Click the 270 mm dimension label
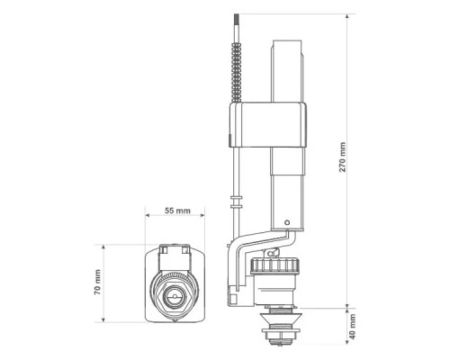click(x=342, y=157)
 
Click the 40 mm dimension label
click(x=353, y=327)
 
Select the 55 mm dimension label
click(x=177, y=211)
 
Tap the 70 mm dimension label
click(x=98, y=282)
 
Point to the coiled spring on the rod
click(x=237, y=72)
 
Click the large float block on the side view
click(x=268, y=125)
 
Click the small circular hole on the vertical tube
click(x=287, y=223)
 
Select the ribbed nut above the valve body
click(x=275, y=265)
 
